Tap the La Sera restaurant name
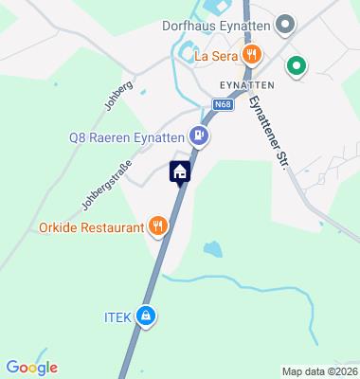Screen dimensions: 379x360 point(215,56)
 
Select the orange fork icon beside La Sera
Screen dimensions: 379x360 point(250,55)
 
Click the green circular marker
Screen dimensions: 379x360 point(296,66)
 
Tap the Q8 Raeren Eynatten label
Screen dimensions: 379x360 point(126,137)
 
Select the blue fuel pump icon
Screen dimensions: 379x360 point(198,136)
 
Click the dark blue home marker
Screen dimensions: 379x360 point(179,171)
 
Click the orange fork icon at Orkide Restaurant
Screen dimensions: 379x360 point(158,227)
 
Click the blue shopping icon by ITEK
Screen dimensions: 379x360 point(146,316)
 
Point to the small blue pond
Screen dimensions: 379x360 point(213,248)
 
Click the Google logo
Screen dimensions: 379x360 point(31,368)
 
